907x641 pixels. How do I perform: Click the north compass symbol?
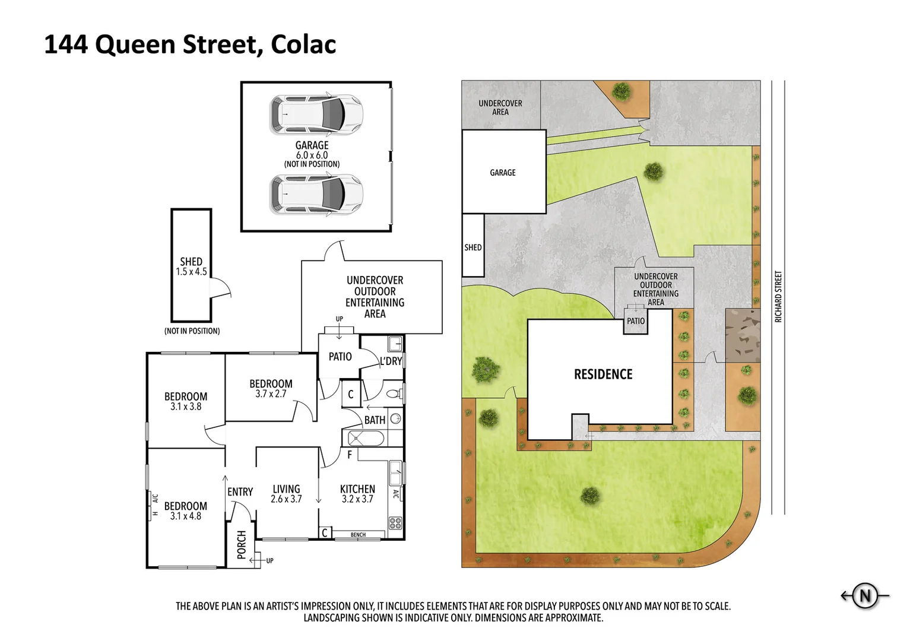click(865, 595)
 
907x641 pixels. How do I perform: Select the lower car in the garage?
click(316, 194)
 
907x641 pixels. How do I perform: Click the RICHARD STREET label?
click(778, 297)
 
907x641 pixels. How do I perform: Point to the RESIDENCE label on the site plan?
click(603, 375)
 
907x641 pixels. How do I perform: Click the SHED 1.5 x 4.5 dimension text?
click(191, 272)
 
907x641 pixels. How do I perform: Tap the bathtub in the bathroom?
click(366, 439)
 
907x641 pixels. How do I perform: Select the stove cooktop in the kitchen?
click(395, 523)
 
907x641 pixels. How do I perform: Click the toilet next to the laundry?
click(394, 393)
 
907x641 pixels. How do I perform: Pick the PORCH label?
click(242, 545)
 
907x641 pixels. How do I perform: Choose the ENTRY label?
click(240, 492)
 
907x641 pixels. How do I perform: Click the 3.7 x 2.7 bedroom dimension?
click(271, 394)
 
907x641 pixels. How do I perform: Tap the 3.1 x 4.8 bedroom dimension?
click(186, 516)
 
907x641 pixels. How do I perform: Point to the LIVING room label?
click(286, 490)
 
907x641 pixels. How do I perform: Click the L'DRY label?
click(391, 361)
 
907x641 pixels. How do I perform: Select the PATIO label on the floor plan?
click(340, 357)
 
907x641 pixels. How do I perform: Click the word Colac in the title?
click(303, 45)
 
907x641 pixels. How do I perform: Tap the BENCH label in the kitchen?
click(358, 535)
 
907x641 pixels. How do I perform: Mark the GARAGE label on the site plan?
click(503, 173)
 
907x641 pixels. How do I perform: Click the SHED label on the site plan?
click(473, 247)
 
